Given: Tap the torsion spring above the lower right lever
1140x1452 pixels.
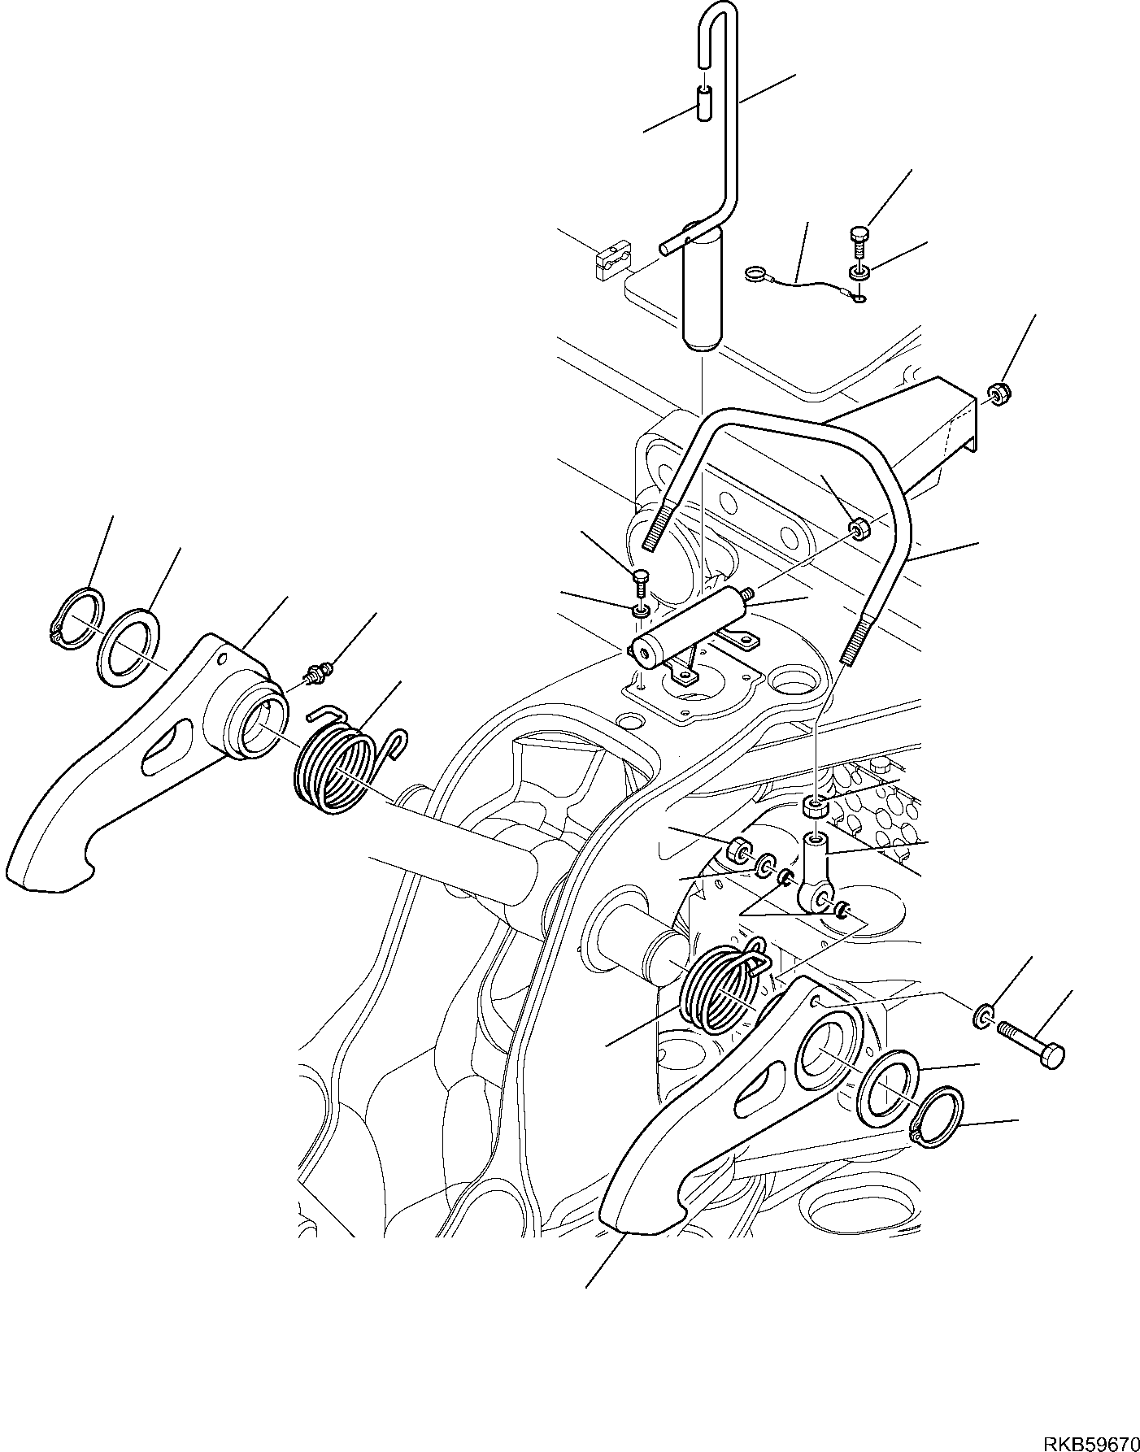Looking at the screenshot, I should click(x=720, y=989).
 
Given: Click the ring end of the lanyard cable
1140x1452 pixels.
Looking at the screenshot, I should click(x=756, y=276).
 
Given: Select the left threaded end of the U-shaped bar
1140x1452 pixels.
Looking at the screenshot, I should click(x=659, y=525).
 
